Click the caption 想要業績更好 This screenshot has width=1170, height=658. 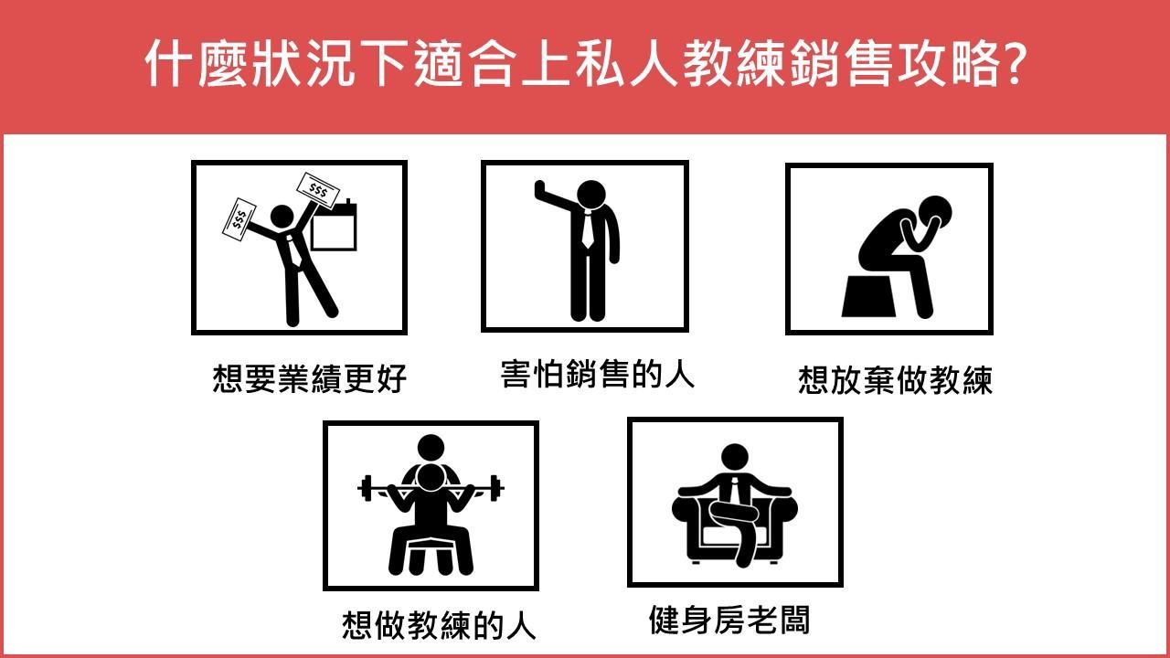coord(309,378)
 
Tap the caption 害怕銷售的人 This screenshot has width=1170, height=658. coord(598,374)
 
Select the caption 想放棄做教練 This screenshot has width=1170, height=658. coord(895,380)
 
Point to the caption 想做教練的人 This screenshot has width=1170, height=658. coord(439,625)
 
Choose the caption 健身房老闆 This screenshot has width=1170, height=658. coord(729,620)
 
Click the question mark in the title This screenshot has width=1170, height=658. coord(1011,64)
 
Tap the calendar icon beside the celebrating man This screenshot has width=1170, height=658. coord(334,225)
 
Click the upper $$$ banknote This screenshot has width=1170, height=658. coord(318,190)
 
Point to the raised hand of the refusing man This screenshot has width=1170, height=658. coord(540,191)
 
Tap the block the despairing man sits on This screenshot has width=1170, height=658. coord(868,296)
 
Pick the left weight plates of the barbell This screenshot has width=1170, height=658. coord(365,488)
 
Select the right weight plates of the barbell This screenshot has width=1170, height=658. coord(496,488)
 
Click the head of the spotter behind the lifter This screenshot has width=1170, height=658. coord(431,448)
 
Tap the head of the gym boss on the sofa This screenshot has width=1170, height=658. coord(734,458)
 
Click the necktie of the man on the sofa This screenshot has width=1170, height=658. coord(734,490)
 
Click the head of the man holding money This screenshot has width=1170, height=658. coord(282,217)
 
